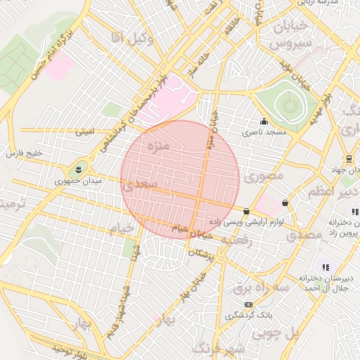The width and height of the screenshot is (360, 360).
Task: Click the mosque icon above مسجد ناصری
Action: coord(264,120)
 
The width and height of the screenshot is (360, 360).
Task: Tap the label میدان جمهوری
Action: coord(79,181)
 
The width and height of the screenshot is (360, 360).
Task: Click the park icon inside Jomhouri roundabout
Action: coord(77,169)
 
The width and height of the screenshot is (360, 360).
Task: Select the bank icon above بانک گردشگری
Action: coord(247,304)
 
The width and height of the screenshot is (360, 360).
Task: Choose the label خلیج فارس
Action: coord(25,153)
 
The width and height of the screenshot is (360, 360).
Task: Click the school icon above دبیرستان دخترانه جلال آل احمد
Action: coord(325,267)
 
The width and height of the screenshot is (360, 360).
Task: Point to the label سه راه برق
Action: coord(252,288)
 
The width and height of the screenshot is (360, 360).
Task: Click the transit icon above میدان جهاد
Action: coord(349,157)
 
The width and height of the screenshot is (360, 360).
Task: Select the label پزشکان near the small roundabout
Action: coord(200,252)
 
